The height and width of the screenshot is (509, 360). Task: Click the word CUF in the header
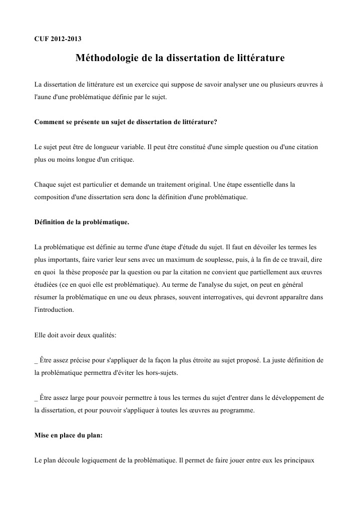pos(41,39)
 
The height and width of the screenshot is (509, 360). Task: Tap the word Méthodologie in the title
pos(107,59)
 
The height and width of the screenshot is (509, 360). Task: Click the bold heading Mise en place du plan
pos(68,435)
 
